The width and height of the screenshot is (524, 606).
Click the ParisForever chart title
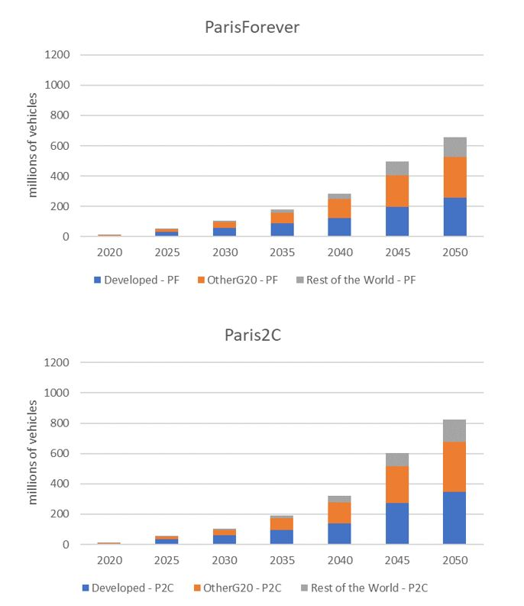252,27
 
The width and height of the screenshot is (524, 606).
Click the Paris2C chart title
252,335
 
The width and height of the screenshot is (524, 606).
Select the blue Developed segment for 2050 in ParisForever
454,217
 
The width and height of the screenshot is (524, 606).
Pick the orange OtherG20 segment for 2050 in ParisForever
454,177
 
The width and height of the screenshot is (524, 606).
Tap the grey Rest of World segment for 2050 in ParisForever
454,147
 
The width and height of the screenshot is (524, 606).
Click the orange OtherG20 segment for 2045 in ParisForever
397,191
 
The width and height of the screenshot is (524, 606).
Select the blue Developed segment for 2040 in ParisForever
340,227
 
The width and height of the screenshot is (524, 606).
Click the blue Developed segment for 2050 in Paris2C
454,517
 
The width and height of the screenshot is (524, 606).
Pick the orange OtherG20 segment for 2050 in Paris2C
454,466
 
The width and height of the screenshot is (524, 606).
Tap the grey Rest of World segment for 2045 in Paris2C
397,459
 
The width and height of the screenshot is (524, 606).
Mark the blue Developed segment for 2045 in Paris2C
397,523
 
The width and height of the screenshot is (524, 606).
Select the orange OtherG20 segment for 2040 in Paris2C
340,512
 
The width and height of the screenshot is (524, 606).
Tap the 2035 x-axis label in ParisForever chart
283,252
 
